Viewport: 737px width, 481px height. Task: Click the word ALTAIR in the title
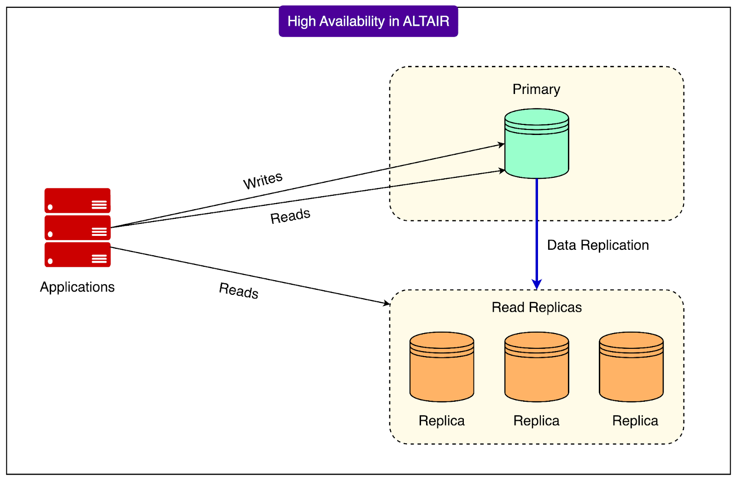tap(426, 21)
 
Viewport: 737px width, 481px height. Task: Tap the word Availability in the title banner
tap(352, 21)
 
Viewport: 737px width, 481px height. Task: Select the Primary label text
tap(536, 89)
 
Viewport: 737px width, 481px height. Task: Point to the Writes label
tap(263, 180)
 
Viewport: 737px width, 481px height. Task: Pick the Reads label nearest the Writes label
tap(290, 216)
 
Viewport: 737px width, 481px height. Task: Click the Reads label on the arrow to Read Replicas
tap(239, 290)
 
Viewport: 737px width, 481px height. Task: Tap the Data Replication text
tap(598, 245)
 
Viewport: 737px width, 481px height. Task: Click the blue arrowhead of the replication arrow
tap(537, 284)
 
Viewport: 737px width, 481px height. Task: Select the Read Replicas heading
tap(537, 307)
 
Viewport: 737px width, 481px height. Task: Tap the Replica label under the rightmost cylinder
tap(635, 421)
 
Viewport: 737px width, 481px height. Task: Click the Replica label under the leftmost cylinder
tap(441, 421)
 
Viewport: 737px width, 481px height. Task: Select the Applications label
tap(77, 287)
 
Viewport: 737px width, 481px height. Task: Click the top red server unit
tap(77, 200)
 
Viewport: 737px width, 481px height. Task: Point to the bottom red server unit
tap(77, 255)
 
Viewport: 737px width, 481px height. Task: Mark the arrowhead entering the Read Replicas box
tap(387, 303)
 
